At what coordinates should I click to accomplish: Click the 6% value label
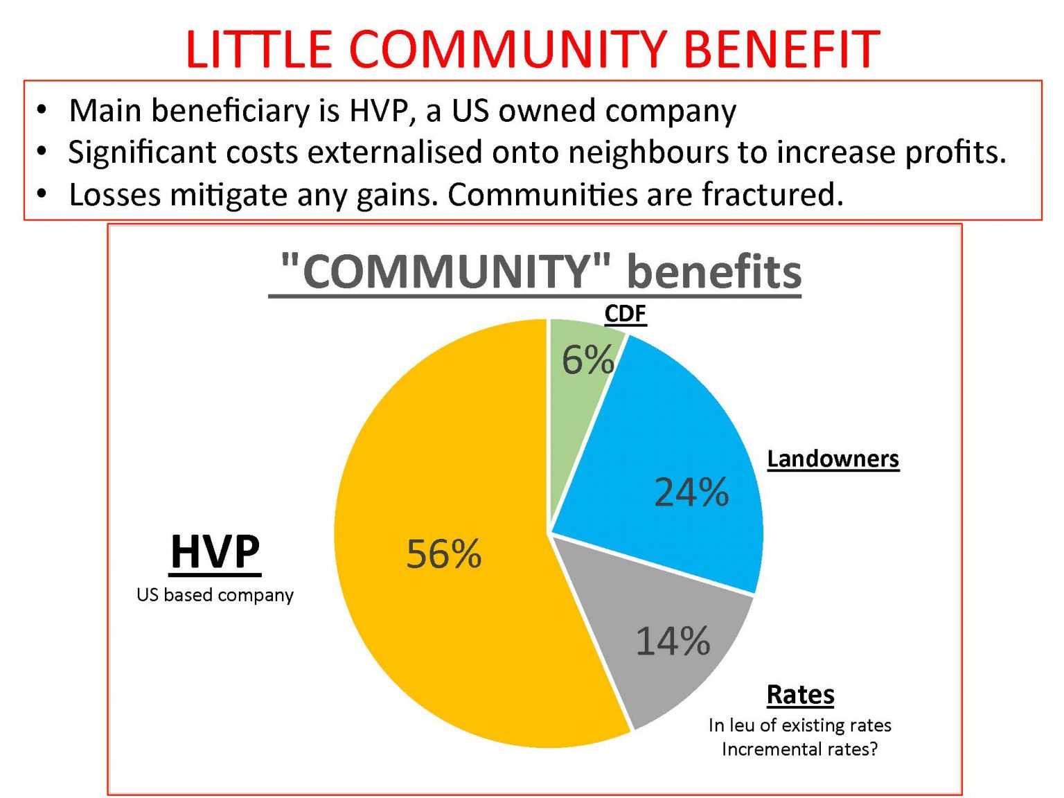pyautogui.click(x=587, y=360)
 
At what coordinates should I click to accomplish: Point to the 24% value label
pyautogui.click(x=691, y=493)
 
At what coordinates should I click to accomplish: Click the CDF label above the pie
pyautogui.click(x=625, y=314)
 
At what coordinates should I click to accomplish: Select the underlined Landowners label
pyautogui.click(x=833, y=459)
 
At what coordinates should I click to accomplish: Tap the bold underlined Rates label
pyautogui.click(x=800, y=694)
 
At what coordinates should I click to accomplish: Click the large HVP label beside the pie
pyautogui.click(x=215, y=552)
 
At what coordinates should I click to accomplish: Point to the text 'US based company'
pyautogui.click(x=215, y=595)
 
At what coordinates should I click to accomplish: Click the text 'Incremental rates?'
pyautogui.click(x=799, y=750)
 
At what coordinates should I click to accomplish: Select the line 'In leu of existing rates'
pyautogui.click(x=799, y=725)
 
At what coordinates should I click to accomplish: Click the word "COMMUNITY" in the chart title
pyautogui.click(x=447, y=271)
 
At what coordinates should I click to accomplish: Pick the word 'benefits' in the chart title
pyautogui.click(x=713, y=271)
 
